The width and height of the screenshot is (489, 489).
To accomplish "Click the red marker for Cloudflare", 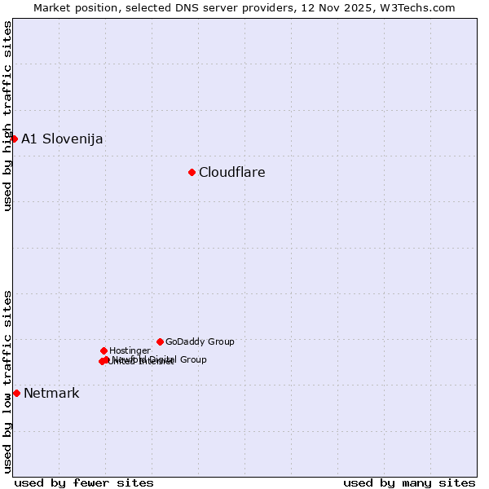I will click(192, 172).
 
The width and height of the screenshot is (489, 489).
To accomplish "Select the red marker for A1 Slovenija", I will click(14, 139).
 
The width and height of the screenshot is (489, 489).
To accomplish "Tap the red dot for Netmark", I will click(16, 393).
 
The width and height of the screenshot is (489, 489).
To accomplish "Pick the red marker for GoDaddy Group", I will click(160, 341).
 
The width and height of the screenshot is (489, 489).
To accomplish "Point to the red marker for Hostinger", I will click(104, 350).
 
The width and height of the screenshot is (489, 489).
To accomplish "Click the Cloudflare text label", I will click(232, 172).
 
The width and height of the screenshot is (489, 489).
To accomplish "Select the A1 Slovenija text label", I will click(62, 139).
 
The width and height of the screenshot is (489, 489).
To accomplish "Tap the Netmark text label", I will click(51, 393).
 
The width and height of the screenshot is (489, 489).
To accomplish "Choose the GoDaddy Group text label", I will click(200, 341).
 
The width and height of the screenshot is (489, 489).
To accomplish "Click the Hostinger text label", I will click(130, 350).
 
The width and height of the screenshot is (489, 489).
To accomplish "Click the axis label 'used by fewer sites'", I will click(84, 482).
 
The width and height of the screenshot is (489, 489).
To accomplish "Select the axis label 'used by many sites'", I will click(409, 482).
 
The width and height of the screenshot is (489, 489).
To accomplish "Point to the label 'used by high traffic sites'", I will click(7, 116).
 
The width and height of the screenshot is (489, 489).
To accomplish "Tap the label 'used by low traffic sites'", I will click(7, 381).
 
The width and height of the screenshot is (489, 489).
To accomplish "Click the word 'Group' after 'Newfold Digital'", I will click(192, 359).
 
